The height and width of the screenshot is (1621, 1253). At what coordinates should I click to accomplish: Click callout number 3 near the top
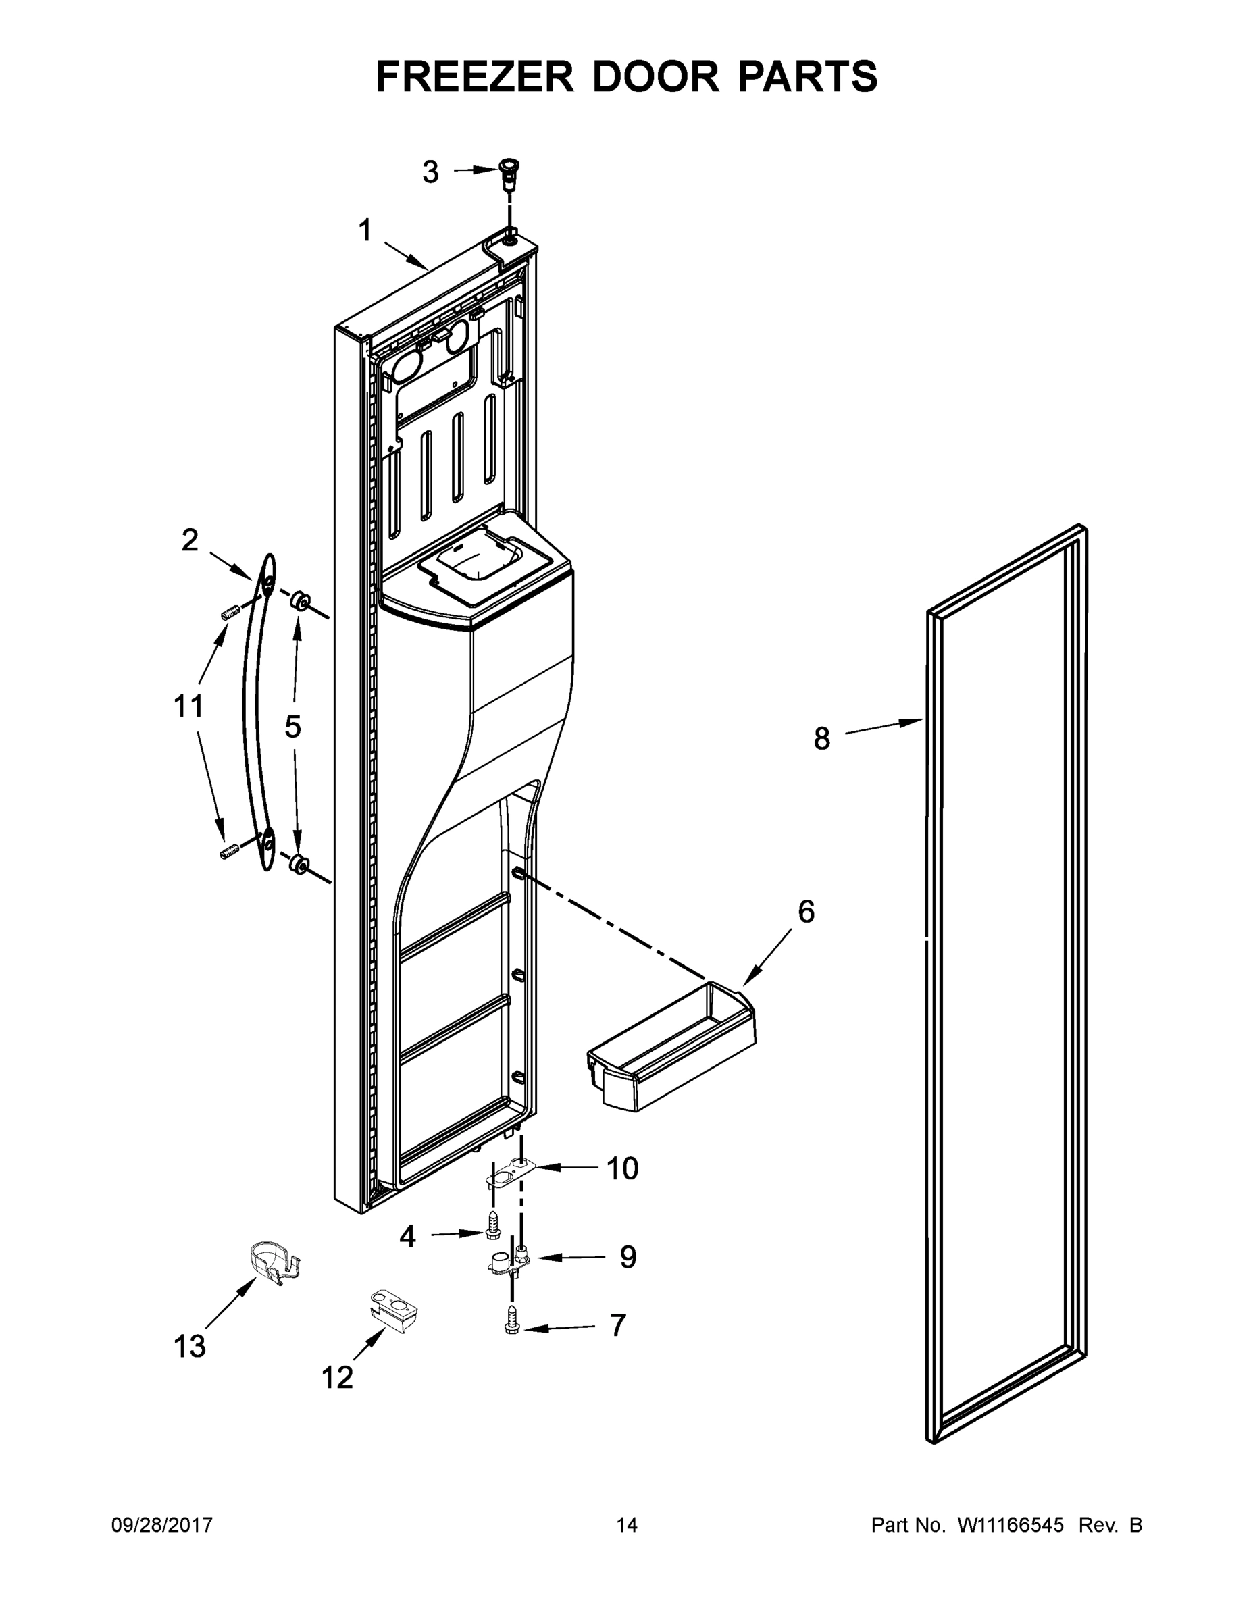(x=430, y=172)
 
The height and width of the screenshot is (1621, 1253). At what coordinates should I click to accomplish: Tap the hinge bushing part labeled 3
(x=509, y=170)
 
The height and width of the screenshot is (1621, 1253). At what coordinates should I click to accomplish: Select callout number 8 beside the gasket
(x=822, y=738)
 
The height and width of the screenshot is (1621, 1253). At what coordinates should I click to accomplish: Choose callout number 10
(x=622, y=1168)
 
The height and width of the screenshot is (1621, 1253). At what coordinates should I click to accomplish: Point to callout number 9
(x=628, y=1258)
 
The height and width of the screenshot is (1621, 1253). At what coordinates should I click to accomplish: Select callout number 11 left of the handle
(x=188, y=706)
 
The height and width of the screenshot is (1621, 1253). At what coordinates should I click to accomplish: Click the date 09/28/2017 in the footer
(x=162, y=1524)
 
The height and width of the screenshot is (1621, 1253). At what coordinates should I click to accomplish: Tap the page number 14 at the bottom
(x=627, y=1524)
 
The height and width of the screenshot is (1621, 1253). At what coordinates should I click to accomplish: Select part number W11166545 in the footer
(x=1011, y=1524)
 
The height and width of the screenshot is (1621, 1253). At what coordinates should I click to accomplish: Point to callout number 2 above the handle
(x=190, y=540)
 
